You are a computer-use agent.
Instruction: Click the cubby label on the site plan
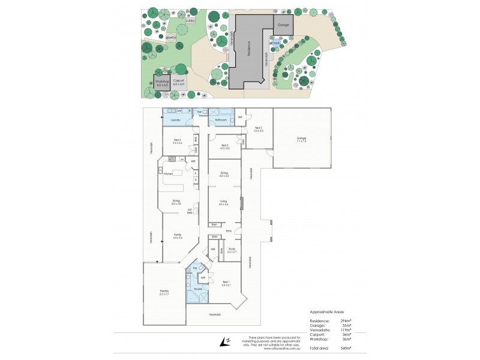(190, 20)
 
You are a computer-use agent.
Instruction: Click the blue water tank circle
(275, 43)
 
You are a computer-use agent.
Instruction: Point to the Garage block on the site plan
(283, 25)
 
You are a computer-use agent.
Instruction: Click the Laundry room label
(176, 120)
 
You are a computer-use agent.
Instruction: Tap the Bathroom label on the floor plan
(221, 120)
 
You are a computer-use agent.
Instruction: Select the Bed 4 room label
(176, 142)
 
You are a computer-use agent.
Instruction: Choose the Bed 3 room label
(224, 146)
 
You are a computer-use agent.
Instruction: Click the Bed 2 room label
(259, 129)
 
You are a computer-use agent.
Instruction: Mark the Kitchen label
(169, 173)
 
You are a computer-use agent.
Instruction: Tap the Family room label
(177, 235)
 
